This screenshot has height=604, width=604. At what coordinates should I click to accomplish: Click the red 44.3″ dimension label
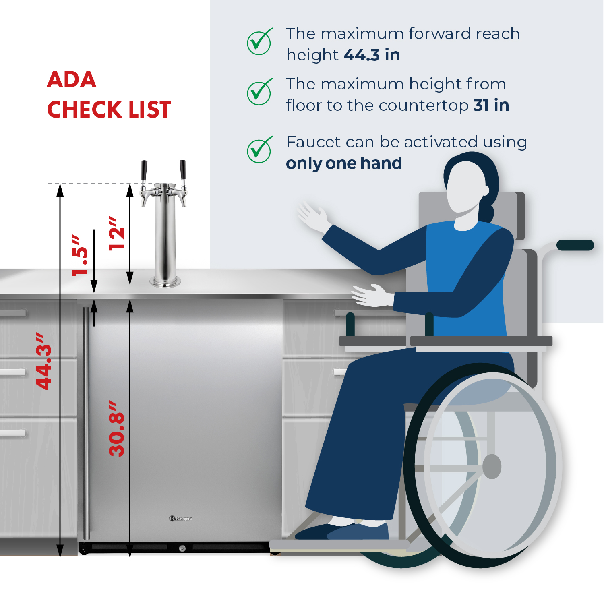[x=44, y=361]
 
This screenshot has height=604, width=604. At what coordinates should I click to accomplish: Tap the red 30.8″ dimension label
[x=117, y=428]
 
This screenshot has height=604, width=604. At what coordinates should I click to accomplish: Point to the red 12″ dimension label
[x=117, y=233]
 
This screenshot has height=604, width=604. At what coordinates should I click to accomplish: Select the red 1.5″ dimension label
[x=80, y=256]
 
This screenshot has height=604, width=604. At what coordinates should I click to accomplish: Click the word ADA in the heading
[x=72, y=79]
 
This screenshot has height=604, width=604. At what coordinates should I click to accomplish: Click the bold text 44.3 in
[x=372, y=55]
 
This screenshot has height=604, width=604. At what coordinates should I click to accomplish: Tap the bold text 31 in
[x=491, y=105]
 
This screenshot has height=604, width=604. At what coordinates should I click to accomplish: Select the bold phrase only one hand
[x=343, y=163]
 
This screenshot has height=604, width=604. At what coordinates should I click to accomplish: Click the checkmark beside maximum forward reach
[x=259, y=42]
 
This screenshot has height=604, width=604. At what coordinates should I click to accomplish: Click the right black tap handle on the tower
[x=183, y=170]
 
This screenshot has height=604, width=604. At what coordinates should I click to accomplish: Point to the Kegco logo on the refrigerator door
[x=181, y=519]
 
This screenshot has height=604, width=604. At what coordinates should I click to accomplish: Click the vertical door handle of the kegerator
[x=86, y=423]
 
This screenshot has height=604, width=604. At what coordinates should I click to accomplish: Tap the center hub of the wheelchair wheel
[x=492, y=467]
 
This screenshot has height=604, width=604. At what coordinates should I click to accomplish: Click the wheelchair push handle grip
[x=575, y=245]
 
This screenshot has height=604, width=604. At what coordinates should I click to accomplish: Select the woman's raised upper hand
[x=312, y=216]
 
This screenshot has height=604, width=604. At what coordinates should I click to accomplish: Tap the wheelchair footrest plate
[x=338, y=545]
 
